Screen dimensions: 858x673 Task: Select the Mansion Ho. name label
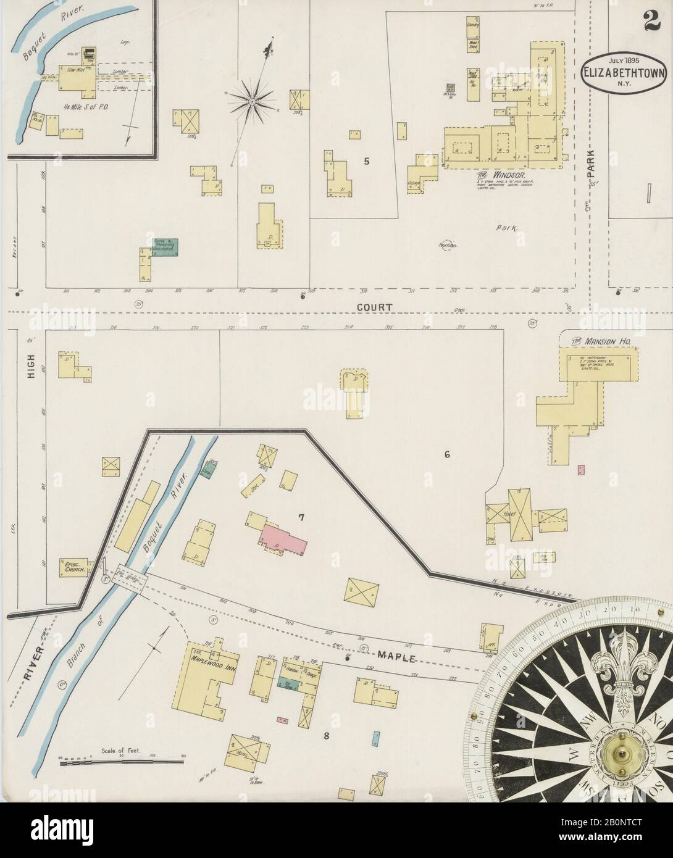596,339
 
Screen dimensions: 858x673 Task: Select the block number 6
447,455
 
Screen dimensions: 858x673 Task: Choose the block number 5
367,162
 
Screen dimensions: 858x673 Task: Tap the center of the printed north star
253,99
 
